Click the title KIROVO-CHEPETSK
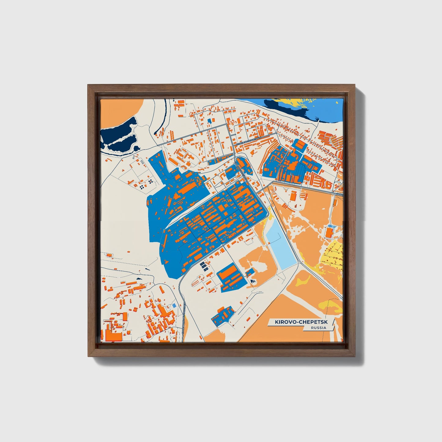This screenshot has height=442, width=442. coord(300,322)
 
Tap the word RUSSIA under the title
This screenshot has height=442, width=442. coord(318,328)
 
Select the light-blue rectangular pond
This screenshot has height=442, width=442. coord(280,245)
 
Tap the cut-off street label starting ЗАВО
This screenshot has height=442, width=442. coord(339,194)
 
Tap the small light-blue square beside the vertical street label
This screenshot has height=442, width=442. coord(174,305)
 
